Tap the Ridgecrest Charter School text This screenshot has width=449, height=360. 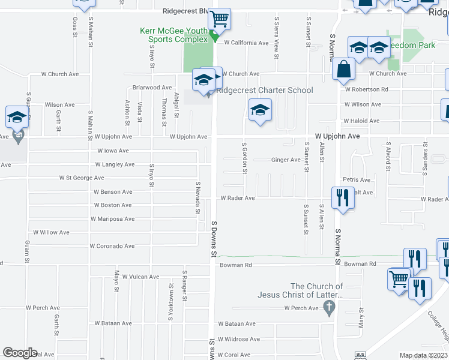click(x=264, y=91)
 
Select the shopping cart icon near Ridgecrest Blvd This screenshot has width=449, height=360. click(x=220, y=20)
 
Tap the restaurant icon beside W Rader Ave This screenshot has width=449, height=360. click(x=342, y=197)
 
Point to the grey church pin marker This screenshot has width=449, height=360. click(x=328, y=308)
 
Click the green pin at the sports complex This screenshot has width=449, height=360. click(x=214, y=38)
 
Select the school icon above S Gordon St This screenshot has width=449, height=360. click(x=260, y=110)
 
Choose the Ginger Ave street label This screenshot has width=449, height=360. click(x=286, y=160)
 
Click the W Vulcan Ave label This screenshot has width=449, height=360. click(x=140, y=277)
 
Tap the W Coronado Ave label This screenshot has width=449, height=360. click(x=112, y=246)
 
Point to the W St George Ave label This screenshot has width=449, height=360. click(x=81, y=178)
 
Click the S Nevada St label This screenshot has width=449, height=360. click(x=197, y=198)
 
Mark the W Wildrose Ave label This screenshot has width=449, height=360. click(x=238, y=339)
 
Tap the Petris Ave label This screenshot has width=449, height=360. click(x=357, y=179)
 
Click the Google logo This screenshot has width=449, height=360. click(x=20, y=353)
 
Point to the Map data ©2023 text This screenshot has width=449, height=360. click(x=423, y=355)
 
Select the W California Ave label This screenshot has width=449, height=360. click(x=246, y=43)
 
